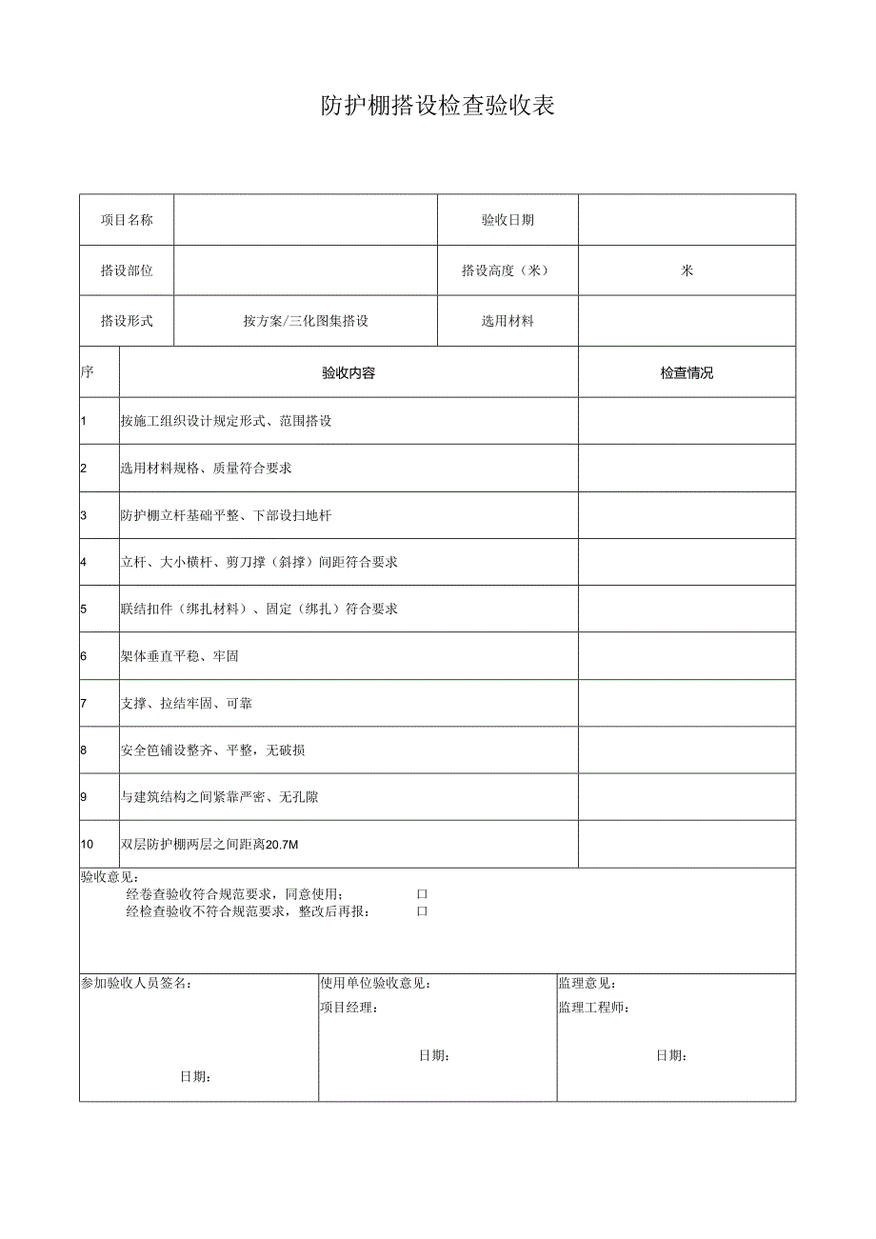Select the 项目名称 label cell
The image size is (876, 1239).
(x=127, y=220)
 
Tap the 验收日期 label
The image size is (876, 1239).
(x=508, y=220)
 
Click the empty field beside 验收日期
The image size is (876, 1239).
(x=687, y=220)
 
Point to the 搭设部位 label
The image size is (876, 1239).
(x=127, y=270)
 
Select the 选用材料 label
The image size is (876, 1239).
(x=508, y=321)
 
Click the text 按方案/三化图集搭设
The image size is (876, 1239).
(x=305, y=321)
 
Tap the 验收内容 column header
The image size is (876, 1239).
(x=348, y=372)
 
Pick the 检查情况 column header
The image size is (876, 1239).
(x=687, y=372)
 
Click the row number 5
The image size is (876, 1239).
(x=84, y=609)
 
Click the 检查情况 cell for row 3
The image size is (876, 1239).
(x=687, y=515)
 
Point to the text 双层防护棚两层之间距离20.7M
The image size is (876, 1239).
(x=210, y=844)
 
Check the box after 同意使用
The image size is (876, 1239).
(x=422, y=894)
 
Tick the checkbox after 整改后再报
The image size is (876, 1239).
(x=422, y=911)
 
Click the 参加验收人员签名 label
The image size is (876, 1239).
(x=135, y=983)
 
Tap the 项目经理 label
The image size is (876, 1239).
(x=348, y=1008)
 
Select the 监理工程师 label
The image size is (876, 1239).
(x=593, y=1008)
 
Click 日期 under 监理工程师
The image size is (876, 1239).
(x=671, y=1055)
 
